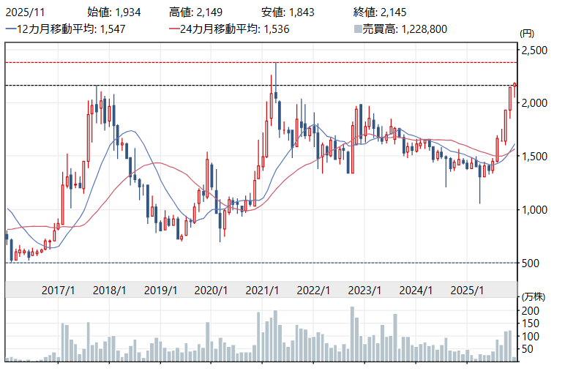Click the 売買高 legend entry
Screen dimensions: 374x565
click(x=400, y=29)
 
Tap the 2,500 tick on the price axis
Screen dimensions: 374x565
click(x=534, y=51)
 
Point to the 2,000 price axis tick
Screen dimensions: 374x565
click(x=534, y=104)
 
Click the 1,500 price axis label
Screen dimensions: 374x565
click(x=534, y=157)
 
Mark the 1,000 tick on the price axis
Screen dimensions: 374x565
click(x=534, y=210)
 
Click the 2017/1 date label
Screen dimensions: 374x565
click(x=58, y=290)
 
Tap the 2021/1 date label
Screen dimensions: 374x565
click(x=262, y=290)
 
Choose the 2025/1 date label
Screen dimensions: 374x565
click(x=467, y=290)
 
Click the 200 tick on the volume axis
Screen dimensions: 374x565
click(x=531, y=311)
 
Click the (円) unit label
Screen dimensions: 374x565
click(x=527, y=34)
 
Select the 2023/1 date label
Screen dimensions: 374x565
click(x=364, y=290)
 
